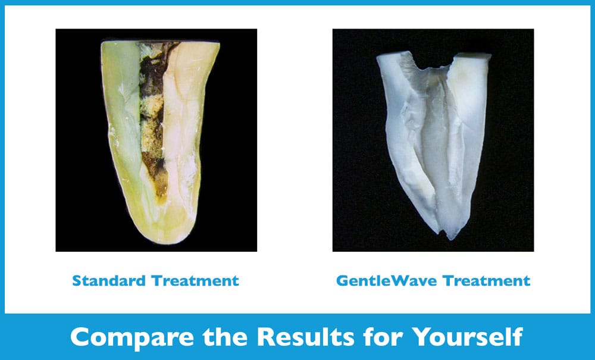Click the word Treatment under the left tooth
[195, 281]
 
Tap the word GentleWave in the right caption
[387, 281]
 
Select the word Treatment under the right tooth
[487, 281]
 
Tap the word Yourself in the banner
[468, 336]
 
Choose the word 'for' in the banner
[383, 336]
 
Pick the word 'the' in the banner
[225, 336]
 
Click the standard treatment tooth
[159, 140]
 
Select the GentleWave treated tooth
[434, 144]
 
